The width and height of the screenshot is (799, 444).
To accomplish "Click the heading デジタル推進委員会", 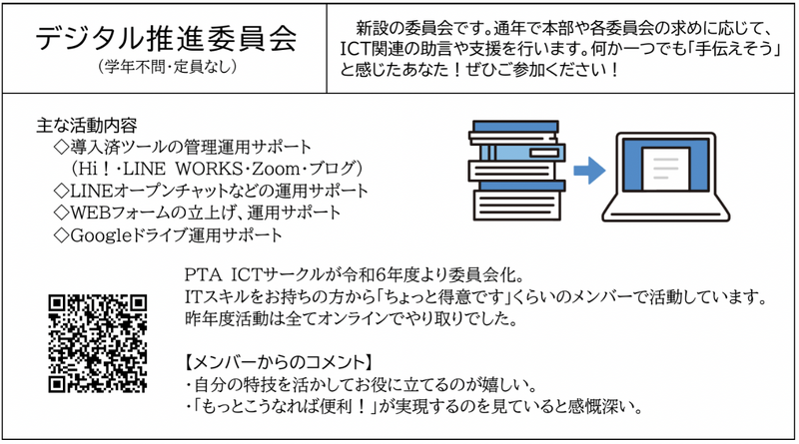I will pyautogui.click(x=165, y=40).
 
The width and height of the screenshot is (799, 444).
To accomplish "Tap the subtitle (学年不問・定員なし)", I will pyautogui.click(x=165, y=68).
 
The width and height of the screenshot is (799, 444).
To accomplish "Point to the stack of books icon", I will pyautogui.click(x=514, y=168).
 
